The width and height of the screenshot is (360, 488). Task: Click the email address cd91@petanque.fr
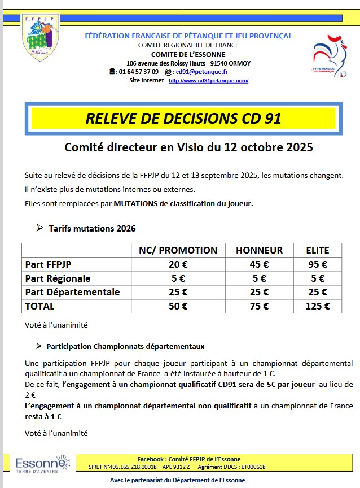click(201, 72)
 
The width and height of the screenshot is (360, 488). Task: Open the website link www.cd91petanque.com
click(208, 81)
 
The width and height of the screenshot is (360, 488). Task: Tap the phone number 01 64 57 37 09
click(138, 72)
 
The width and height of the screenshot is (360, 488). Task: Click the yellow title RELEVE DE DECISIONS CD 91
click(183, 119)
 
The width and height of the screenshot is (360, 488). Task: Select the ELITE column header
click(318, 250)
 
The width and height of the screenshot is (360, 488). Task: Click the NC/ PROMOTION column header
click(178, 250)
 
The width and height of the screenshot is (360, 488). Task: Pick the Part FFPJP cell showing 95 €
click(318, 264)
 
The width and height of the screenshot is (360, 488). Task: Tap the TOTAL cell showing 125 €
click(318, 306)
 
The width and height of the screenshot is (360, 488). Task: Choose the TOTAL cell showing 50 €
click(178, 306)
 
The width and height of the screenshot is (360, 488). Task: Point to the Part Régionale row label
click(58, 278)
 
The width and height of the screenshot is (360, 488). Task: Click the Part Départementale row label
click(73, 292)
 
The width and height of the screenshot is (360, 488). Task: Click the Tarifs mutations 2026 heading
click(92, 229)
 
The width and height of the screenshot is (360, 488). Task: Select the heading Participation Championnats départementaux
click(125, 346)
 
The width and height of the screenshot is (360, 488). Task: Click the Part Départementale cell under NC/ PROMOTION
click(178, 292)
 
